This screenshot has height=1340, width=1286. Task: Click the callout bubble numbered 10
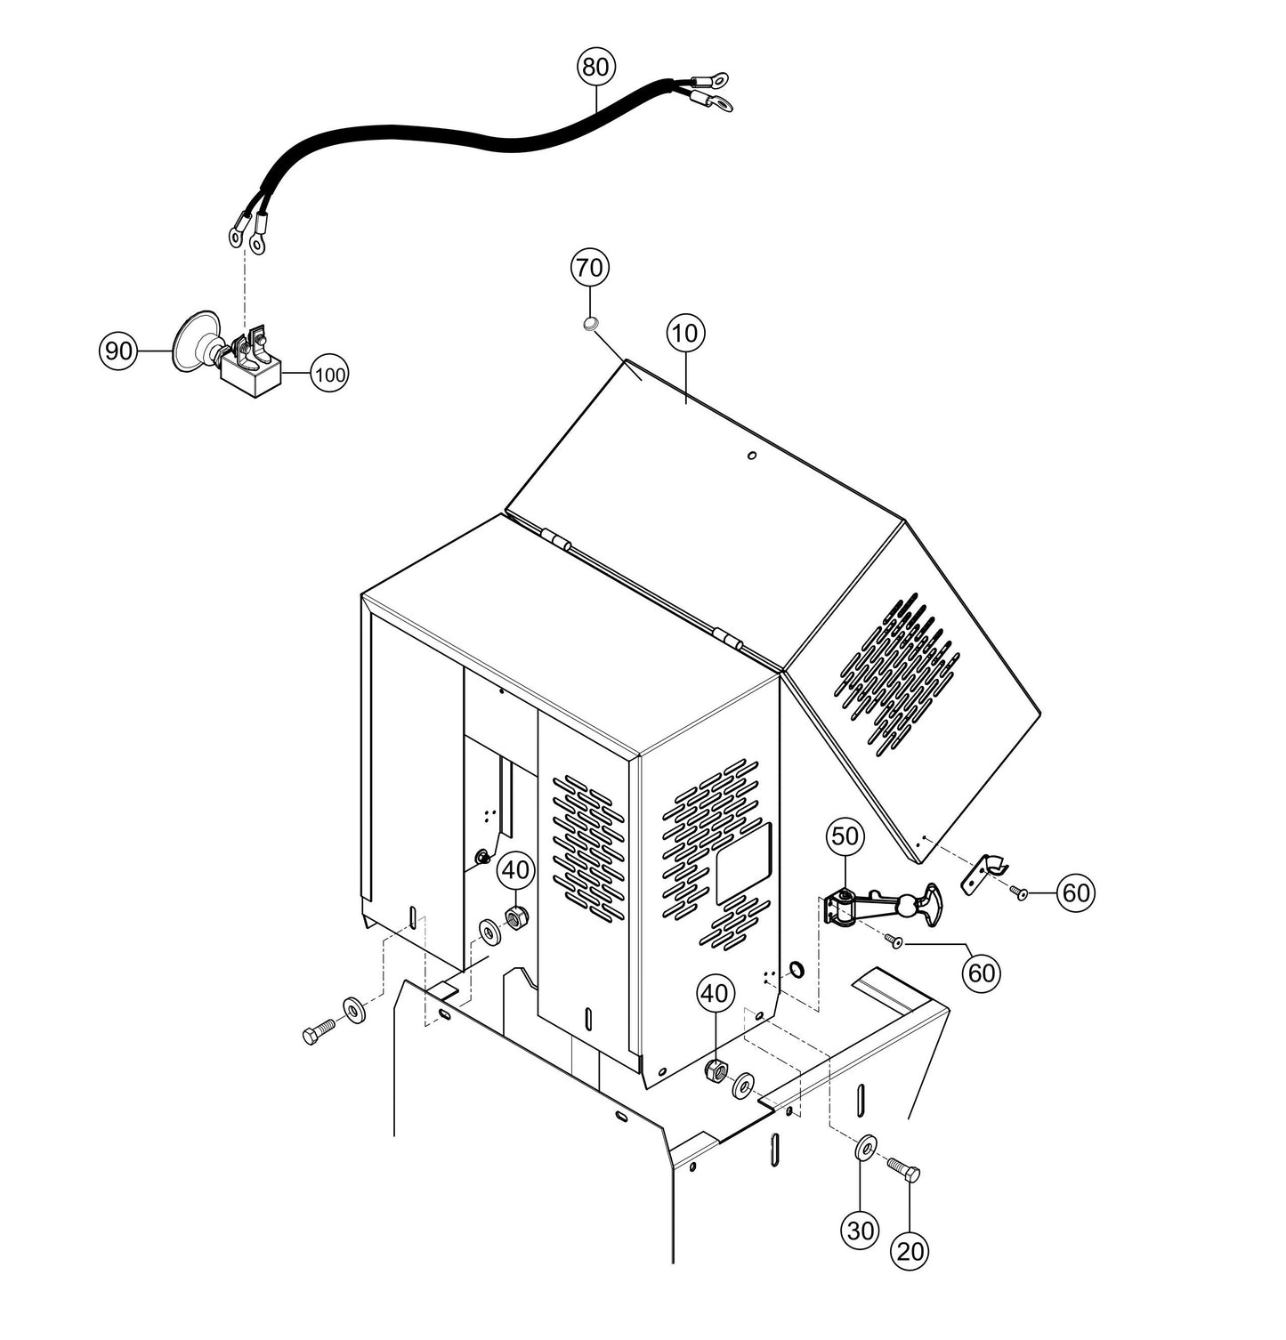(x=685, y=334)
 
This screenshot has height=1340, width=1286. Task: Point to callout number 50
(x=845, y=836)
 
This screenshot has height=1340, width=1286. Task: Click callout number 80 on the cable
(x=596, y=67)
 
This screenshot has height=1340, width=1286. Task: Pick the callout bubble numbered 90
(x=117, y=351)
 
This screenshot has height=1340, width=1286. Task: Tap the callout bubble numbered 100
(x=329, y=375)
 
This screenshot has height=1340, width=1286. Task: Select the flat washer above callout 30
(x=863, y=1148)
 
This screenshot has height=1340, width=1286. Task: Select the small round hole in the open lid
(x=751, y=456)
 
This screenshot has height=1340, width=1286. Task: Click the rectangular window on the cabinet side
(x=743, y=862)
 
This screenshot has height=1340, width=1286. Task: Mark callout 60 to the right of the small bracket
(x=1076, y=892)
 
